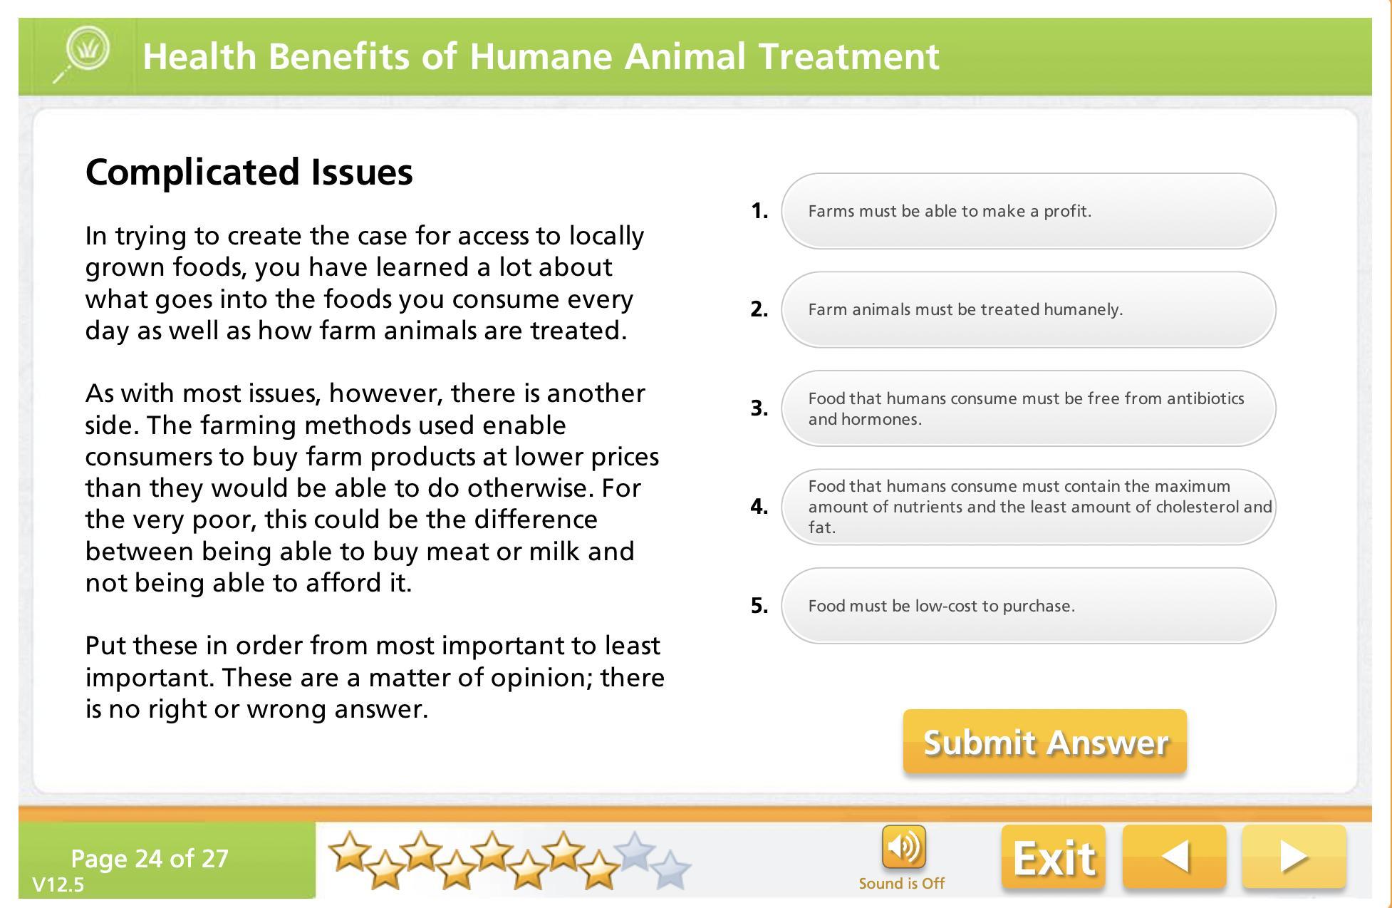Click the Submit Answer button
[x=1044, y=741]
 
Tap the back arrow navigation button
[x=1175, y=857]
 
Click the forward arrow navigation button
[x=1294, y=857]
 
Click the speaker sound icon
[x=903, y=847]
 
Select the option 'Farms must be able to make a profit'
[x=1028, y=211]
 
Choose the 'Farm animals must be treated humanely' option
[x=1028, y=309]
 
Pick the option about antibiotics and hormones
[x=1028, y=408]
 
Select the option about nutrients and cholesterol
[x=1028, y=507]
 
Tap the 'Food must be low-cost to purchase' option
[x=1028, y=606]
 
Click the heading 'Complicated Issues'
[x=249, y=172]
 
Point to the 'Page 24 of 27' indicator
[x=150, y=858]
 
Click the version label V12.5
[x=58, y=885]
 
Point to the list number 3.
[x=759, y=408]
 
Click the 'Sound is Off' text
[x=901, y=884]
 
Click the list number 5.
[x=759, y=606]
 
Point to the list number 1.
[x=759, y=211]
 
